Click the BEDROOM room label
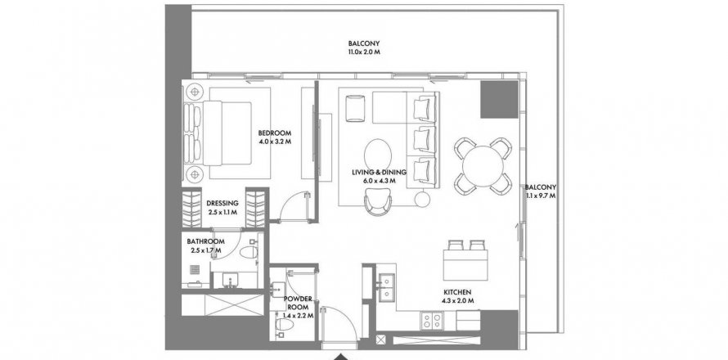(x=275, y=132)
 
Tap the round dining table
(x=483, y=166)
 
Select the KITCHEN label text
(x=457, y=292)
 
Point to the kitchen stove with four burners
(x=432, y=320)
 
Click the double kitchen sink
(x=386, y=287)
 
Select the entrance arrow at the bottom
(x=341, y=357)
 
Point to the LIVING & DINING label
(x=379, y=173)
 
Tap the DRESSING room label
(x=222, y=203)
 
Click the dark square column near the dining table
(x=499, y=99)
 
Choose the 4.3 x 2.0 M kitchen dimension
(x=457, y=300)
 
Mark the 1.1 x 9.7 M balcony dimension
(x=541, y=196)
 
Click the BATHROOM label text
(x=205, y=241)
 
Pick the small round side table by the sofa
(x=423, y=200)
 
